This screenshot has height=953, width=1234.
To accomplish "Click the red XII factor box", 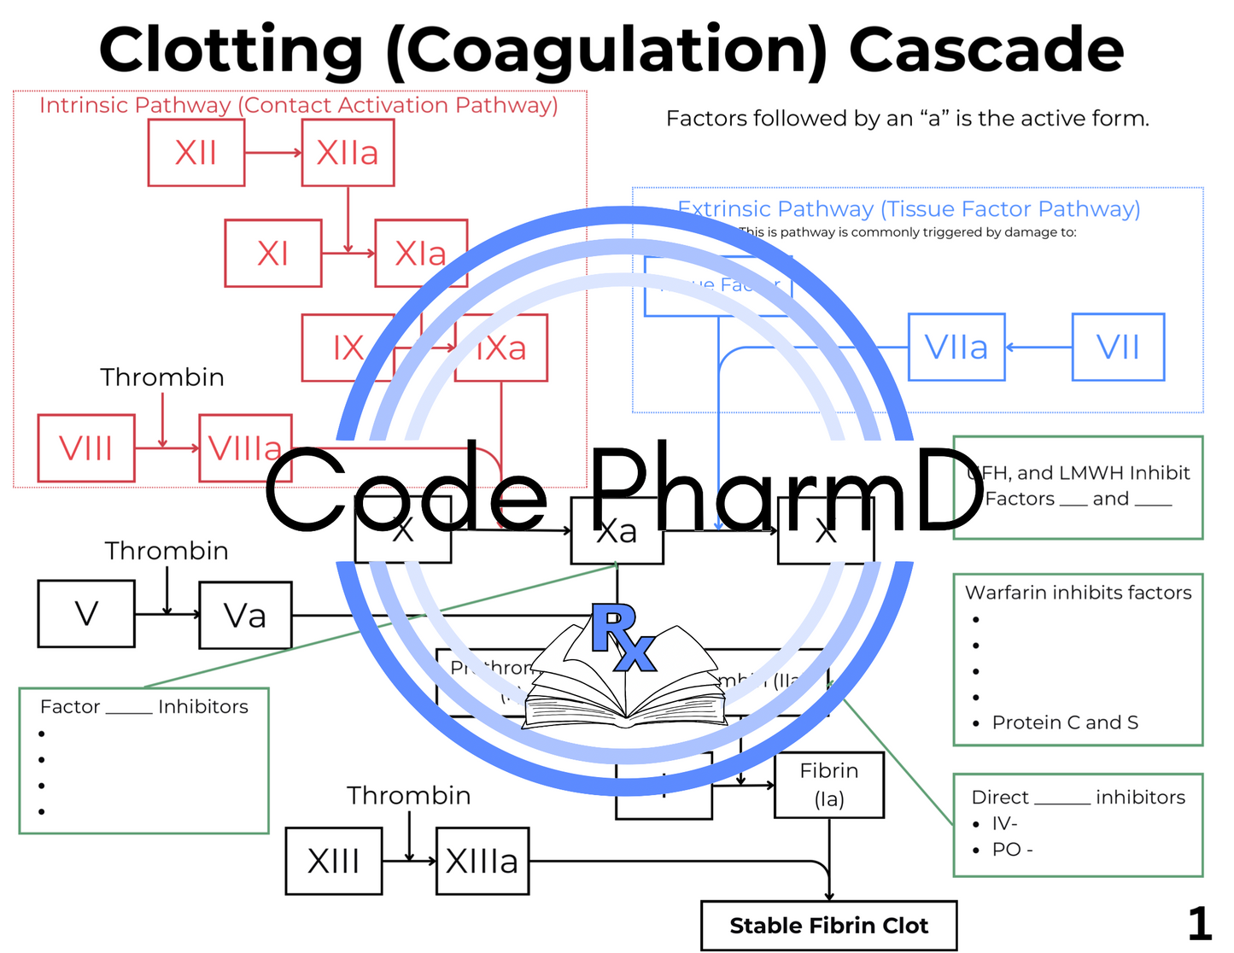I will click(x=196, y=153).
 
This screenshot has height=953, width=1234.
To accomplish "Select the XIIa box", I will click(x=348, y=153).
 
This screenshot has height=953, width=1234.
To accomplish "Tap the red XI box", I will click(x=273, y=253).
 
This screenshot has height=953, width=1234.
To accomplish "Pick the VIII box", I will click(x=86, y=448).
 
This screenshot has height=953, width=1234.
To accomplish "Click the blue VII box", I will click(x=1118, y=348).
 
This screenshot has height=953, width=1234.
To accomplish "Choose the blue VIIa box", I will click(x=956, y=348).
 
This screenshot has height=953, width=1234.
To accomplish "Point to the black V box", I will click(x=86, y=614).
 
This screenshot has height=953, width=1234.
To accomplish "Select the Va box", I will click(x=245, y=616).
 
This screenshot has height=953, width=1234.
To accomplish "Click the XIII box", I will click(x=334, y=861).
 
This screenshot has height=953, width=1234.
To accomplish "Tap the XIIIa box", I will click(x=482, y=861).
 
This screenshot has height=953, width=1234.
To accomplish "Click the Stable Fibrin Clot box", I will click(x=828, y=926).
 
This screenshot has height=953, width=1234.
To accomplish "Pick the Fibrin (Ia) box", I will click(x=829, y=785).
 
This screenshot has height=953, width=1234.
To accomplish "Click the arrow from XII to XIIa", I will click(x=273, y=153).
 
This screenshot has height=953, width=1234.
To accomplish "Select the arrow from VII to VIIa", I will click(x=1038, y=348).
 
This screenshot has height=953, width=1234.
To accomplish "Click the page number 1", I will click(x=1199, y=924).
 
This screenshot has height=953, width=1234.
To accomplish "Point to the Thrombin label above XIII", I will click(x=408, y=796).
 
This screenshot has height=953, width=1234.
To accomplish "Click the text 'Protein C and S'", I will click(x=1065, y=722).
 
